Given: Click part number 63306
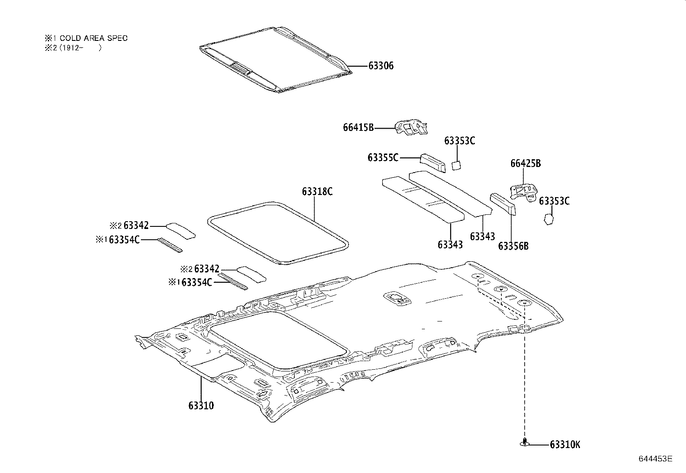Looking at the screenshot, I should click(381, 66).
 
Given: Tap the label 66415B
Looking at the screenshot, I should click(358, 127).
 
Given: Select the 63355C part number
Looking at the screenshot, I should click(383, 158).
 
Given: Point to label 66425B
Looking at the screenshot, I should click(526, 164).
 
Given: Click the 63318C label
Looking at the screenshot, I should click(317, 192).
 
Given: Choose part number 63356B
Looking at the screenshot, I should click(513, 246).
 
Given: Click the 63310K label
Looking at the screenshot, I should click(565, 445).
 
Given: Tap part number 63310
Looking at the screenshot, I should click(201, 405).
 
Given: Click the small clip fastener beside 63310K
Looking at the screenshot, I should click(524, 442).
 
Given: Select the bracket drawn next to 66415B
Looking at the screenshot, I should click(412, 129).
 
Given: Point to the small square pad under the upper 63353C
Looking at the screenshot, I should click(456, 165).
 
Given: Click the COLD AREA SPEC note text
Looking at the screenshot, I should click(94, 38).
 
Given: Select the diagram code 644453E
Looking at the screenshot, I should click(655, 459).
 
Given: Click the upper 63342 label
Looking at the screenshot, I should click(136, 226).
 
